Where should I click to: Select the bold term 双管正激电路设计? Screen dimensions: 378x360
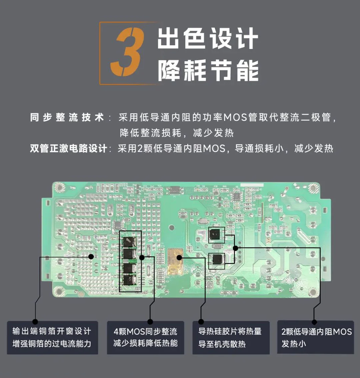click(69, 149)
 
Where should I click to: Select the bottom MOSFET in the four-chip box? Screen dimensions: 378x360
click(130, 280)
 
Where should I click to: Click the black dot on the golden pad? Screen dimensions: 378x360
click(179, 257)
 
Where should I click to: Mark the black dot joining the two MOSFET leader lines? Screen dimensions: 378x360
click(235, 248)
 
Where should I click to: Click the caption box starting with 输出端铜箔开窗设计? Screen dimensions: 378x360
click(52, 337)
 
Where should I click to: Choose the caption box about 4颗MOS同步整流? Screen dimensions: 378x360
click(145, 337)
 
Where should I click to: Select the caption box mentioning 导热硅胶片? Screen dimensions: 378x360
click(231, 337)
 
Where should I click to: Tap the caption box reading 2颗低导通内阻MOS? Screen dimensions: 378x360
click(315, 337)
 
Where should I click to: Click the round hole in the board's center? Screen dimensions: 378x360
click(171, 228)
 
